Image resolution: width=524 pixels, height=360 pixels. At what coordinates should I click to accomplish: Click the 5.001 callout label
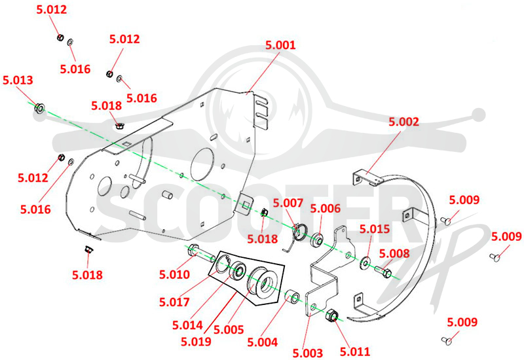pos(280,45)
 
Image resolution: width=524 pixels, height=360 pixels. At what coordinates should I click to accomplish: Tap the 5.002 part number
pos(403,122)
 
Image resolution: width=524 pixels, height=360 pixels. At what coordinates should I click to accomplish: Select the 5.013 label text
pos(18,80)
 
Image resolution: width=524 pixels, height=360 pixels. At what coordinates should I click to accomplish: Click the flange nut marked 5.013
pos(39,108)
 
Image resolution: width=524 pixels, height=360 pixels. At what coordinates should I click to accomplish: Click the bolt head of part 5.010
pos(193,251)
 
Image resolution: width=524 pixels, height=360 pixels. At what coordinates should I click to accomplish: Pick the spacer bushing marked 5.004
pos(291,297)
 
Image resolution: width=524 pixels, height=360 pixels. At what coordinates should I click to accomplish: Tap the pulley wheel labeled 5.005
pos(263,283)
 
